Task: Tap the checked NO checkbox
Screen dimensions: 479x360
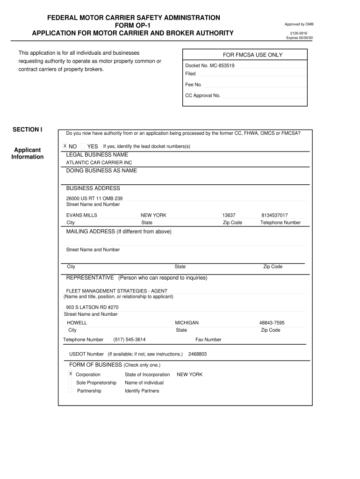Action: point(65,146)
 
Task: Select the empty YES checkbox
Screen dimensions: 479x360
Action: point(83,146)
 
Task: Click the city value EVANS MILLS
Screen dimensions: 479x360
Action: point(82,215)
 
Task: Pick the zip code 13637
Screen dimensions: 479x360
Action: point(229,215)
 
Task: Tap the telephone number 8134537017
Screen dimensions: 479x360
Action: point(274,215)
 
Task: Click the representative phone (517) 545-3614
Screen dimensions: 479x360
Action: point(130,340)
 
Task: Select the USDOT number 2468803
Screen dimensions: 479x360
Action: point(197,354)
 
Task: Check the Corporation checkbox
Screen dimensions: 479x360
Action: point(71,374)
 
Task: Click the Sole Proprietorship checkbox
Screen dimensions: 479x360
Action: point(70,382)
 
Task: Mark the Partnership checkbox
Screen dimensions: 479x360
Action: point(70,390)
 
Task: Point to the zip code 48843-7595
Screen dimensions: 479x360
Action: point(272,323)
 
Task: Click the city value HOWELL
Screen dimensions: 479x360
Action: point(77,323)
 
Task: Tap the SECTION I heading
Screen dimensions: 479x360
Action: point(28,129)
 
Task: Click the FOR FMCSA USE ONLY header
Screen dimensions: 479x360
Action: point(252,55)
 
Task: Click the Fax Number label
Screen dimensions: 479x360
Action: point(209,340)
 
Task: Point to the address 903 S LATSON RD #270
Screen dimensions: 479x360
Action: point(92,307)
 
